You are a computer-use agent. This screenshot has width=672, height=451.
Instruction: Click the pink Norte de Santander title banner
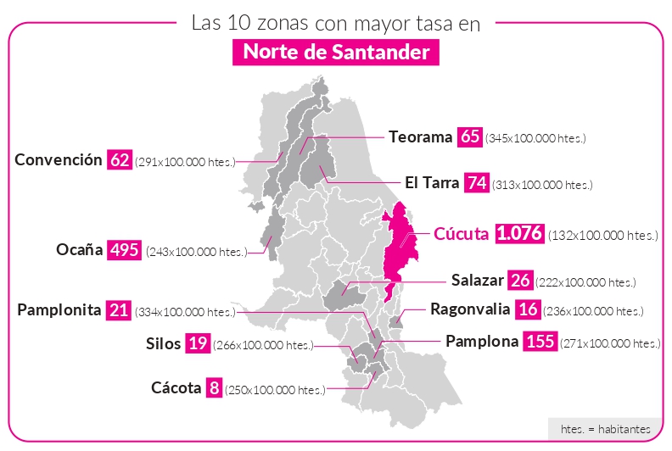click(x=336, y=53)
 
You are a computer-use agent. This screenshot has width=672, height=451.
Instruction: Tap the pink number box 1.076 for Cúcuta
click(x=519, y=234)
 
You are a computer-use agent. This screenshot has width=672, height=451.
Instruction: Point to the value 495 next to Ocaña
click(x=123, y=250)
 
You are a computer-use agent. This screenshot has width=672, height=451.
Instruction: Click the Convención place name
click(x=59, y=159)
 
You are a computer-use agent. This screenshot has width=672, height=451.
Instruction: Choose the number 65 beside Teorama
click(x=469, y=136)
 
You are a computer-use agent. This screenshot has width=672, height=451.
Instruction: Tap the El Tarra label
click(x=431, y=183)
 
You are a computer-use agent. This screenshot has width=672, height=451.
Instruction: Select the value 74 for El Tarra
click(x=475, y=183)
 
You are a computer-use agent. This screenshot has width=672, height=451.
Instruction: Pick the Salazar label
click(x=478, y=280)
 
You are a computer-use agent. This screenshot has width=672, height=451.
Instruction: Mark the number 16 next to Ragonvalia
click(x=528, y=309)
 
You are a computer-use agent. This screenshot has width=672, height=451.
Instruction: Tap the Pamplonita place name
click(x=59, y=309)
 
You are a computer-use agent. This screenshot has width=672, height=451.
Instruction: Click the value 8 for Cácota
click(x=214, y=388)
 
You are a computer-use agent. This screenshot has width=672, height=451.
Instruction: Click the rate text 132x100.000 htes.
click(x=602, y=236)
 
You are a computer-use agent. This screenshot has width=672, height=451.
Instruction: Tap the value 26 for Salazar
click(x=521, y=280)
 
